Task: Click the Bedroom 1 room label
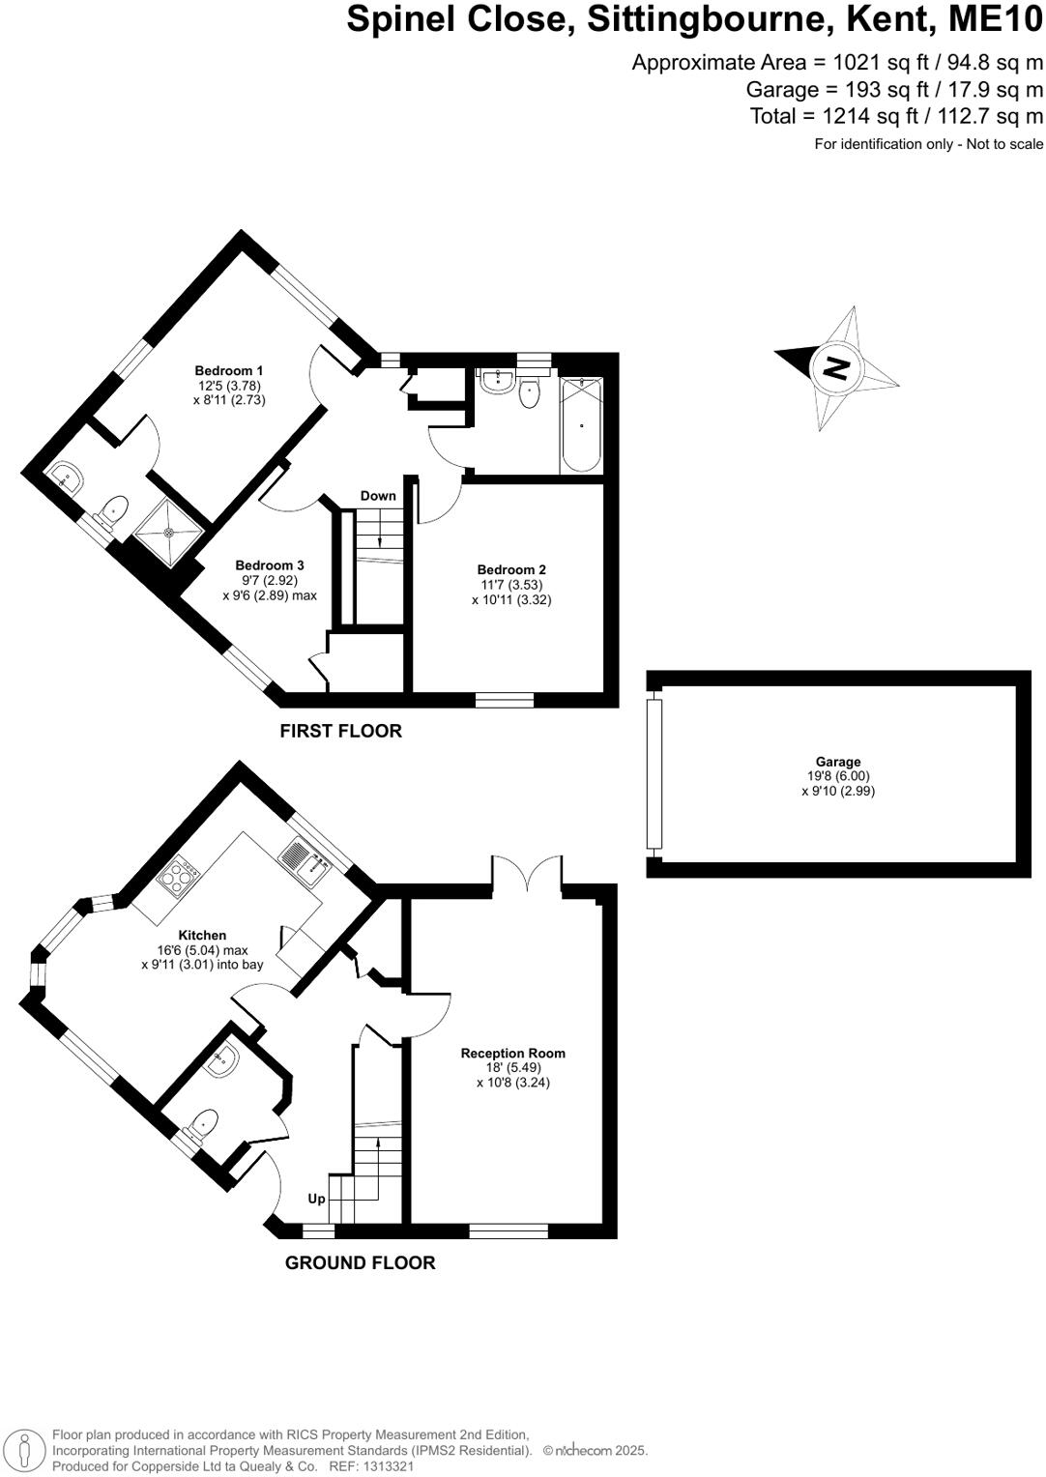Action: click(229, 371)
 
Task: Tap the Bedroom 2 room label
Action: click(511, 570)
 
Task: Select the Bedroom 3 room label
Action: click(270, 565)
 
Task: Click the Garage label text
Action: click(837, 762)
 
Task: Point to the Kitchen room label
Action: click(202, 935)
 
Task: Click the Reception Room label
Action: click(512, 1054)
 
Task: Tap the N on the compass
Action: click(835, 367)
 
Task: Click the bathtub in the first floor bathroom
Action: click(581, 424)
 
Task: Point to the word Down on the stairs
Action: click(378, 496)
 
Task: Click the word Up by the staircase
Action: click(316, 1199)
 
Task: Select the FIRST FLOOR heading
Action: click(340, 732)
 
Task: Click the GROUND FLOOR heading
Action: click(360, 1263)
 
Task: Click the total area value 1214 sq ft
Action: click(862, 117)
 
